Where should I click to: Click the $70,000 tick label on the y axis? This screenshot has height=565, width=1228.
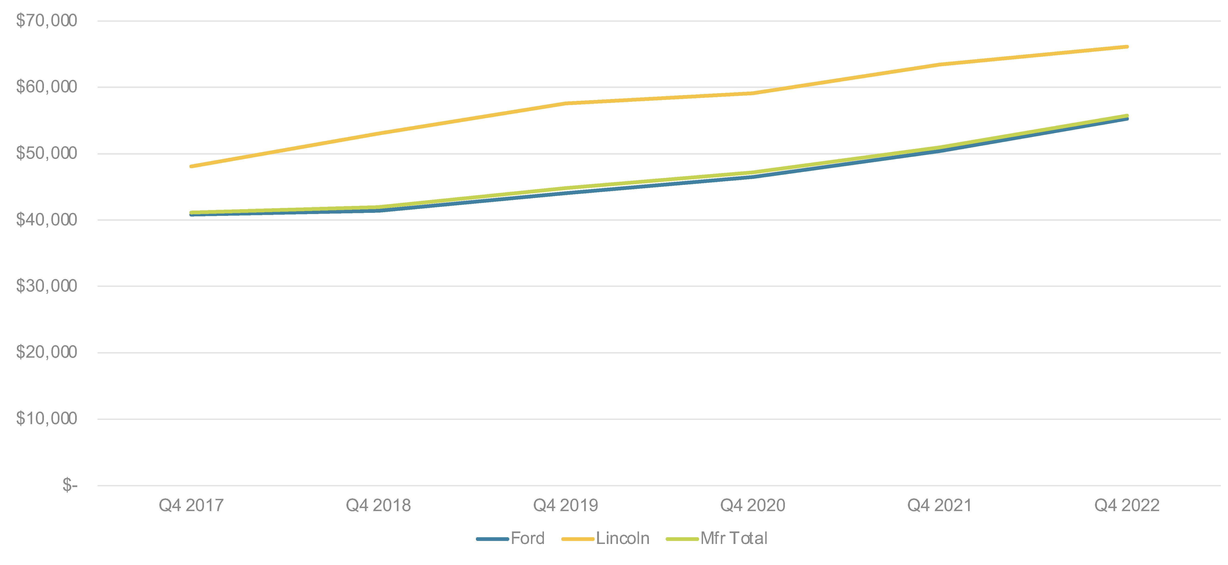(x=46, y=21)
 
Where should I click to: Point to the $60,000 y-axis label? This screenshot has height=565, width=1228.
(x=46, y=87)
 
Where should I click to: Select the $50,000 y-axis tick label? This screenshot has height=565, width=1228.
(x=46, y=153)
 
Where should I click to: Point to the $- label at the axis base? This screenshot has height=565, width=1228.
(x=70, y=485)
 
